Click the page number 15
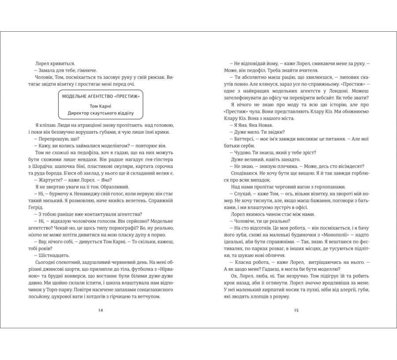(296, 310)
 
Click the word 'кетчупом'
(147, 297)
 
